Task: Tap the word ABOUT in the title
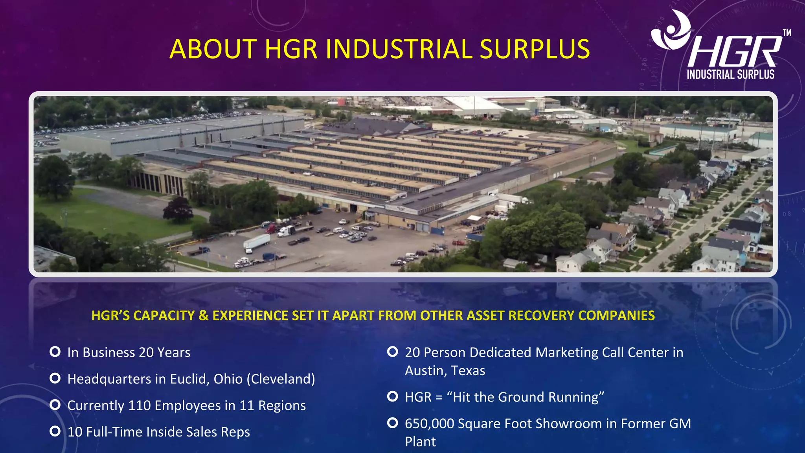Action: [213, 49]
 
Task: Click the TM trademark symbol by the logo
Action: [787, 33]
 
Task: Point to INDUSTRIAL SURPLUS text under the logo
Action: [730, 74]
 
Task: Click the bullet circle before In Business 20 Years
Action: [55, 352]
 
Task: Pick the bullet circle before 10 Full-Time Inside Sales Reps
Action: [55, 431]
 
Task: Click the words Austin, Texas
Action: [445, 370]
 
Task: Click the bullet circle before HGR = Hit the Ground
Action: [392, 396]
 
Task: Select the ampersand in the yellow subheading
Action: [204, 315]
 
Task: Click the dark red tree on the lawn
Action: [178, 209]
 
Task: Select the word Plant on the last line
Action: [420, 442]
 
